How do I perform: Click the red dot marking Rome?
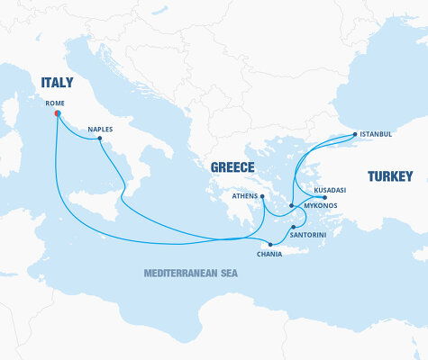(x=57, y=114)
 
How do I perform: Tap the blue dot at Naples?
(x=100, y=139)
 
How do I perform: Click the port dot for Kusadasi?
(x=324, y=197)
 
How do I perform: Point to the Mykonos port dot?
(x=291, y=206)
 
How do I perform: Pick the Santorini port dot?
(x=294, y=226)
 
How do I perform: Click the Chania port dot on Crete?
(x=269, y=245)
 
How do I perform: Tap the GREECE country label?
(x=232, y=167)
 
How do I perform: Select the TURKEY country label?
(x=390, y=176)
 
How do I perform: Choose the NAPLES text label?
(x=100, y=129)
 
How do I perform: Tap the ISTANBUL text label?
(x=376, y=134)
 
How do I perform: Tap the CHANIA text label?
(x=269, y=255)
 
